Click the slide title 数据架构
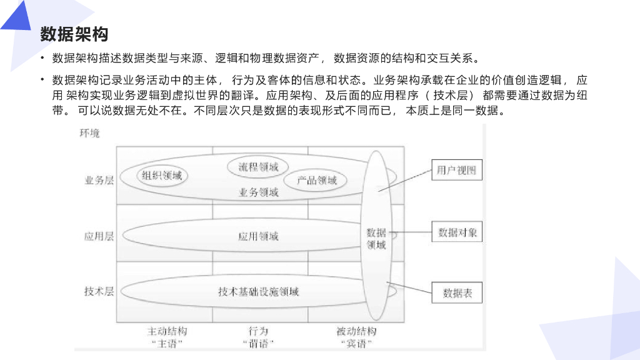pyautogui.click(x=74, y=34)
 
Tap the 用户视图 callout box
pyautogui.click(x=457, y=170)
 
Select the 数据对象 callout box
pyautogui.click(x=457, y=233)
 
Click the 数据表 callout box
pyautogui.click(x=457, y=292)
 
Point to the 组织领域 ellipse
pyautogui.click(x=162, y=176)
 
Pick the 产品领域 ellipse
pyautogui.click(x=317, y=180)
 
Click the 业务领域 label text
pyautogui.click(x=258, y=192)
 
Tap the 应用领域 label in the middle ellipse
pyautogui.click(x=258, y=236)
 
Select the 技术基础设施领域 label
pyautogui.click(x=258, y=292)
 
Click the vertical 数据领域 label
pyautogui.click(x=376, y=238)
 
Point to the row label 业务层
pyautogui.click(x=99, y=180)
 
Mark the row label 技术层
pyautogui.click(x=99, y=291)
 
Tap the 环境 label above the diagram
pyautogui.click(x=89, y=133)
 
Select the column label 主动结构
pyautogui.click(x=167, y=331)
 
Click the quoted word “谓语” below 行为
pyautogui.click(x=258, y=343)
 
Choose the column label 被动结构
pyautogui.click(x=356, y=331)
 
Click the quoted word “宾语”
pyautogui.click(x=356, y=343)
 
